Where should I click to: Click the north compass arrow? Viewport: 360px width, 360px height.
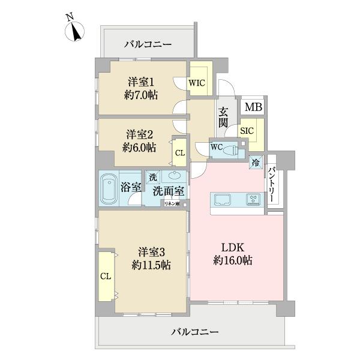pyautogui.click(x=76, y=31)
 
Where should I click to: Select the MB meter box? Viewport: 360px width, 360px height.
pyautogui.click(x=252, y=108)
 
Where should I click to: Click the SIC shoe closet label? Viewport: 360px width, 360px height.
pyautogui.click(x=247, y=130)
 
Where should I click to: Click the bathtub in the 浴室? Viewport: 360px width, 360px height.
pyautogui.click(x=109, y=187)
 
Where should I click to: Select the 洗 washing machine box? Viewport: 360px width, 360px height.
pyautogui.click(x=153, y=177)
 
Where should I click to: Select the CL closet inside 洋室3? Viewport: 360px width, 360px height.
pyautogui.click(x=106, y=276)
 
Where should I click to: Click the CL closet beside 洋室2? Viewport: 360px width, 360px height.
pyautogui.click(x=179, y=153)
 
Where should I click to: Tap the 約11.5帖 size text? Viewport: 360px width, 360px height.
pyautogui.click(x=150, y=265)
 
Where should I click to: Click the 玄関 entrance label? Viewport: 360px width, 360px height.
pyautogui.click(x=223, y=117)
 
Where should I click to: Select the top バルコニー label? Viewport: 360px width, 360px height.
pyautogui.click(x=148, y=44)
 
